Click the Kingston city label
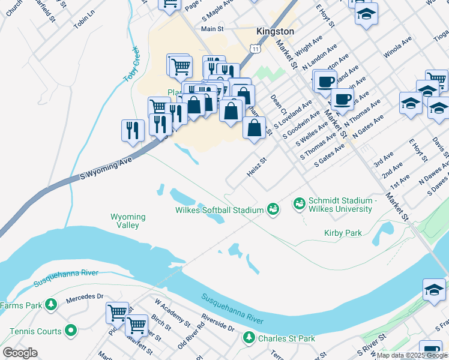point(275,31)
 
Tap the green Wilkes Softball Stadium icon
point(273,209)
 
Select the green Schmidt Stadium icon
point(299,205)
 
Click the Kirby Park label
point(343,233)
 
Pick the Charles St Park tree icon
point(249,338)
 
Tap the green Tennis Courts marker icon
point(71,331)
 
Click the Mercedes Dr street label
point(85,296)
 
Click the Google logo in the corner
point(20,353)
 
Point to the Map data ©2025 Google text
point(411,355)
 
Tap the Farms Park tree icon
point(52,305)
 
